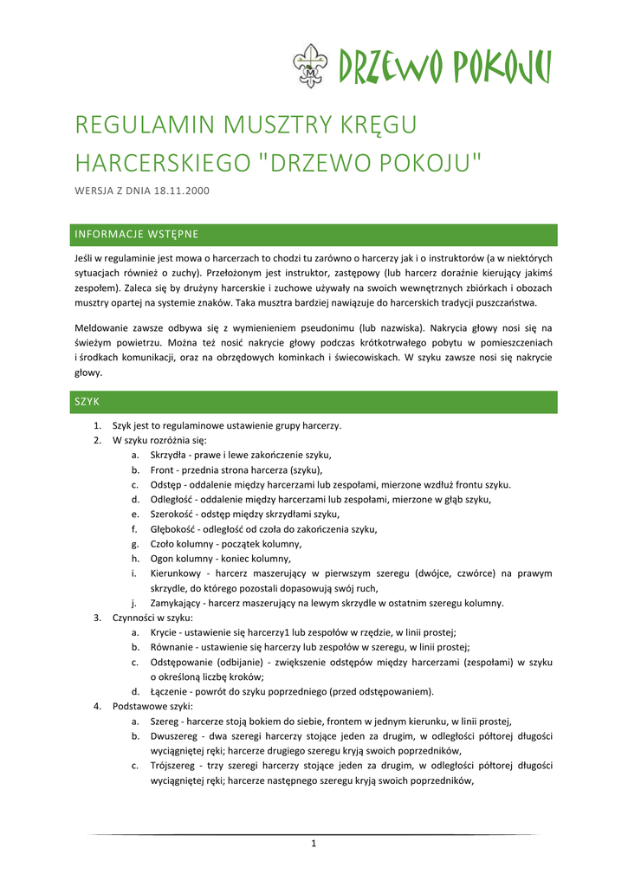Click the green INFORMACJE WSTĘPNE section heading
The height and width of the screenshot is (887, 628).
click(x=137, y=234)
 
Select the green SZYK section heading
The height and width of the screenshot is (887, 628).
click(x=87, y=402)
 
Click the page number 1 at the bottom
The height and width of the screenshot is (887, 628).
click(x=314, y=845)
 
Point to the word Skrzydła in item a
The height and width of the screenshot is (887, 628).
click(x=169, y=455)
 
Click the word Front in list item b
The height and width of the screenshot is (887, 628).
click(x=163, y=469)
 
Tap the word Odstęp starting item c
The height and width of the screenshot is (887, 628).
click(x=165, y=484)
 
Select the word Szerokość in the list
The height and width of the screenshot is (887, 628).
click(x=172, y=514)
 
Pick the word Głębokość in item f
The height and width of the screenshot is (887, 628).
click(x=173, y=528)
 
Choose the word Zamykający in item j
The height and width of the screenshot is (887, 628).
click(x=177, y=603)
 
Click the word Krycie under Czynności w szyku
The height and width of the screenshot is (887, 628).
click(x=164, y=632)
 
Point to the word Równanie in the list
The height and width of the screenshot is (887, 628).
click(x=171, y=647)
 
